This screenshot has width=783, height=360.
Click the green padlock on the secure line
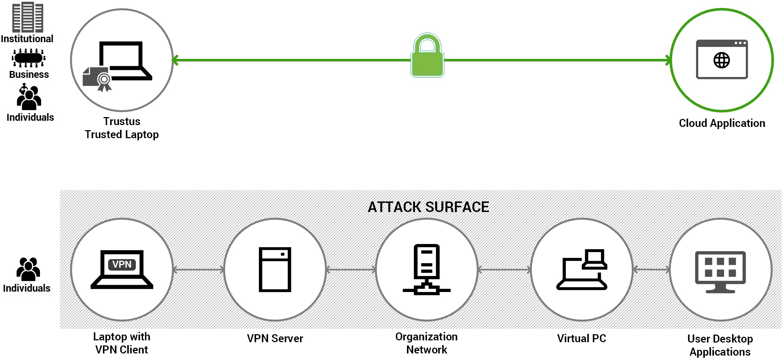click(x=427, y=56)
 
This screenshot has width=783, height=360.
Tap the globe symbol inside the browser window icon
click(x=722, y=60)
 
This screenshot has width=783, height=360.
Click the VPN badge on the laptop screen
click(x=122, y=264)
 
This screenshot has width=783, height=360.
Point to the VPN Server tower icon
click(x=275, y=269)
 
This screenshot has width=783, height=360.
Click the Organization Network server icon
click(x=427, y=269)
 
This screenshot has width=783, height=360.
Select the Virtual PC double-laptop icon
click(x=582, y=269)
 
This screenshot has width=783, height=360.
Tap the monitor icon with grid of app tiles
click(x=720, y=271)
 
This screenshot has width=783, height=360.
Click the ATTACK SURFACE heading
click(x=428, y=207)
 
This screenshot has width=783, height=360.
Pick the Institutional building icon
click(x=28, y=17)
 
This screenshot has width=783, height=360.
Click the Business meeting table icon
click(x=28, y=58)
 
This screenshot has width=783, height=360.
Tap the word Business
click(x=29, y=75)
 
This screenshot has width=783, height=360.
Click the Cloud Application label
click(x=722, y=123)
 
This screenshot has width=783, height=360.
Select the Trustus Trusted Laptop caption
click(x=122, y=128)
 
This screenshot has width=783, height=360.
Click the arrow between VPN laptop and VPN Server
click(x=199, y=269)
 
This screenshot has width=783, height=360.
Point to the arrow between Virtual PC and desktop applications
click(x=651, y=269)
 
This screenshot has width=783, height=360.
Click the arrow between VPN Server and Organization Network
click(x=351, y=269)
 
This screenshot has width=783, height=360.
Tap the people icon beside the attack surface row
click(x=28, y=269)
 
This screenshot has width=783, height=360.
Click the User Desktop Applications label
click(x=720, y=345)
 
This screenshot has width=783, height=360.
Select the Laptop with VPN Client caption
click(x=122, y=343)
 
